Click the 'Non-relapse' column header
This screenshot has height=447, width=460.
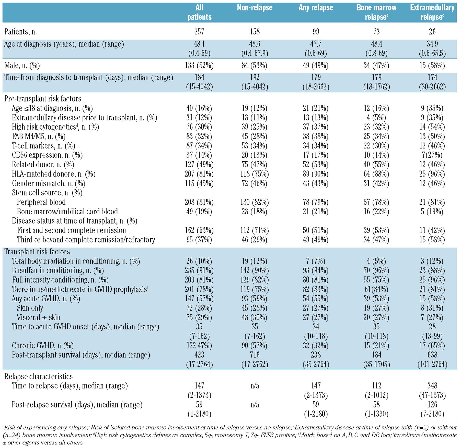coord(255,8)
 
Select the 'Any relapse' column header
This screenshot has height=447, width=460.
coord(316,8)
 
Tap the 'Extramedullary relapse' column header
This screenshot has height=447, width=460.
coord(432,12)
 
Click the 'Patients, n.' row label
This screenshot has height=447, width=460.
coord(20,32)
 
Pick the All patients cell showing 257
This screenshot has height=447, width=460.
coord(199,32)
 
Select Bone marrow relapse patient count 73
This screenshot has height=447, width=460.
coord(376,32)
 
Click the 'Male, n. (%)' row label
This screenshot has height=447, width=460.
coord(22,66)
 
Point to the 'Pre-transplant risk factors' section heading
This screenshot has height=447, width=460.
coord(43,99)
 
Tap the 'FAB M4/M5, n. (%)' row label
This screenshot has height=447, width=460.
coord(39,136)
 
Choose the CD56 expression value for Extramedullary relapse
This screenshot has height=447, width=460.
coord(432,155)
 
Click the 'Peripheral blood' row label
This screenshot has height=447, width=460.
coord(41,202)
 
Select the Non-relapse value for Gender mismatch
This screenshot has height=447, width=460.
coord(255,183)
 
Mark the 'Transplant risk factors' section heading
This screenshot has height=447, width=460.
coord(37,252)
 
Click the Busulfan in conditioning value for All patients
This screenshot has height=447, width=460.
coord(199,270)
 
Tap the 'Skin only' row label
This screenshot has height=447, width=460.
coord(30,308)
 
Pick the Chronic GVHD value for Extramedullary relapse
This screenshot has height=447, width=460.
coord(432,346)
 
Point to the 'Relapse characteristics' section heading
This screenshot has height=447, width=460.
coord(38,377)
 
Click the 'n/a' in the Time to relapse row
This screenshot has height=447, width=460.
coord(255,386)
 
